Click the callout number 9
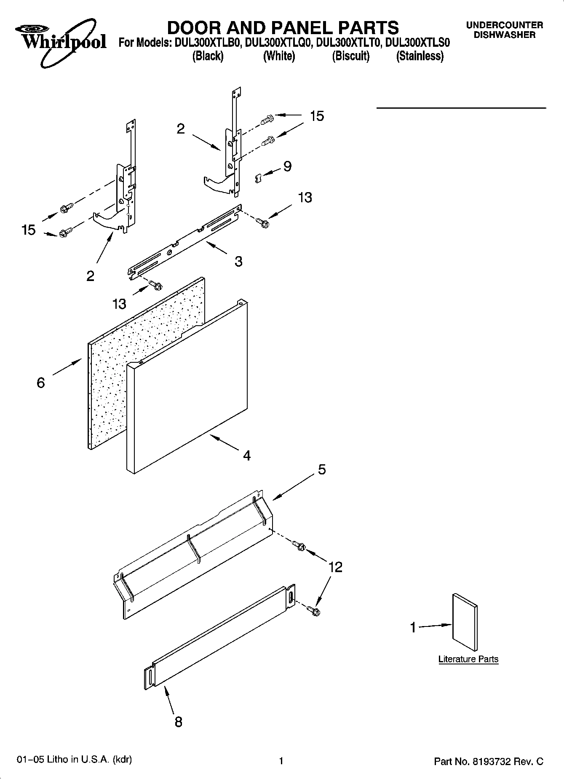(287, 166)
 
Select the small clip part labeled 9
(259, 178)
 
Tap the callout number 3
(238, 262)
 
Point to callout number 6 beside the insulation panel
(40, 383)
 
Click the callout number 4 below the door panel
(247, 455)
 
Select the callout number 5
(322, 469)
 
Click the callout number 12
(335, 567)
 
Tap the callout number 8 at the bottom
(178, 722)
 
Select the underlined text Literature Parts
(468, 659)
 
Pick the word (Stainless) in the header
(420, 56)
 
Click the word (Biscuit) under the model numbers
(350, 56)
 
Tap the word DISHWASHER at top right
(504, 35)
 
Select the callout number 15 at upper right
(317, 116)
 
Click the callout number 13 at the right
(305, 198)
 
